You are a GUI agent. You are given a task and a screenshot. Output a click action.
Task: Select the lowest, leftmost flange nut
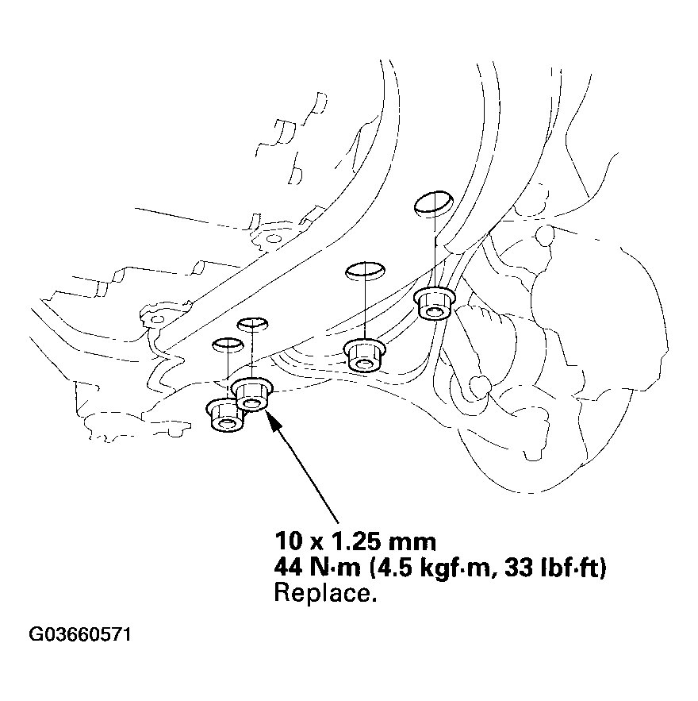[225, 415]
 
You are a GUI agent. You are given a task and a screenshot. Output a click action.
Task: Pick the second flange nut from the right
[364, 355]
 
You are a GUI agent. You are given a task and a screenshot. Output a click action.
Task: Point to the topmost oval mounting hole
[431, 202]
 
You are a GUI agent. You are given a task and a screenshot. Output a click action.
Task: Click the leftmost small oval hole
[227, 344]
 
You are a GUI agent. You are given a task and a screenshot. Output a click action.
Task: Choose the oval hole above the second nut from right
[364, 271]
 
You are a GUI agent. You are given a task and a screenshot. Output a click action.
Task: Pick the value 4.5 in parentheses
[382, 568]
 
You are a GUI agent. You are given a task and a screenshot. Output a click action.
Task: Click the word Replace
[324, 593]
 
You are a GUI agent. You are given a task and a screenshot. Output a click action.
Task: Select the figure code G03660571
[80, 636]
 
